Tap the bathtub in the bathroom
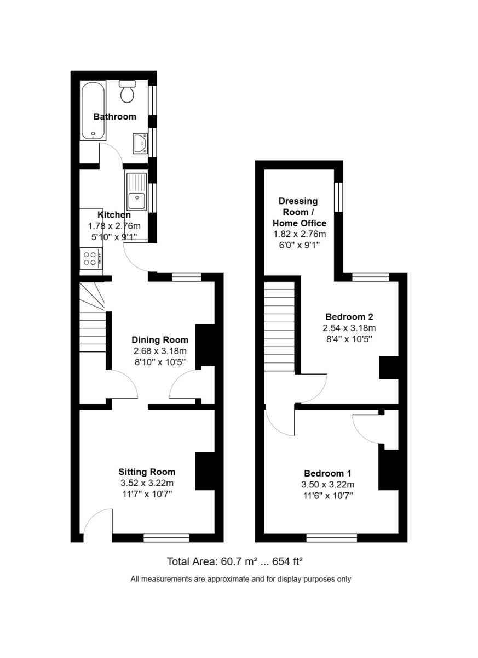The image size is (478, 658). [93, 111]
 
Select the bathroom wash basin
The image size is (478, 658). [140, 144]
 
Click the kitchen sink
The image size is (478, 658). [136, 192]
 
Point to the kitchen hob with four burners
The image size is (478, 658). [91, 258]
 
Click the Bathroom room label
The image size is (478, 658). [114, 117]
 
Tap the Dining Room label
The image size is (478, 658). [160, 340]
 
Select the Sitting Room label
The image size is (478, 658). [147, 472]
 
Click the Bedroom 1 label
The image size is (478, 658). [327, 473]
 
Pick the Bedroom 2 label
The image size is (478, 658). [349, 317]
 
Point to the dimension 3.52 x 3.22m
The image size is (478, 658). [147, 484]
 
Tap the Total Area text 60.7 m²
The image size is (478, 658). [239, 561]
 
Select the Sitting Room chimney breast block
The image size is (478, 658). [205, 470]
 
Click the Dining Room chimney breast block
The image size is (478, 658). [205, 345]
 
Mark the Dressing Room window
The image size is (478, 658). [339, 196]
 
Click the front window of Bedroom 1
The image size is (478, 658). [331, 537]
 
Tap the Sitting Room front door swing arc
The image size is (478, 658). [97, 521]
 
